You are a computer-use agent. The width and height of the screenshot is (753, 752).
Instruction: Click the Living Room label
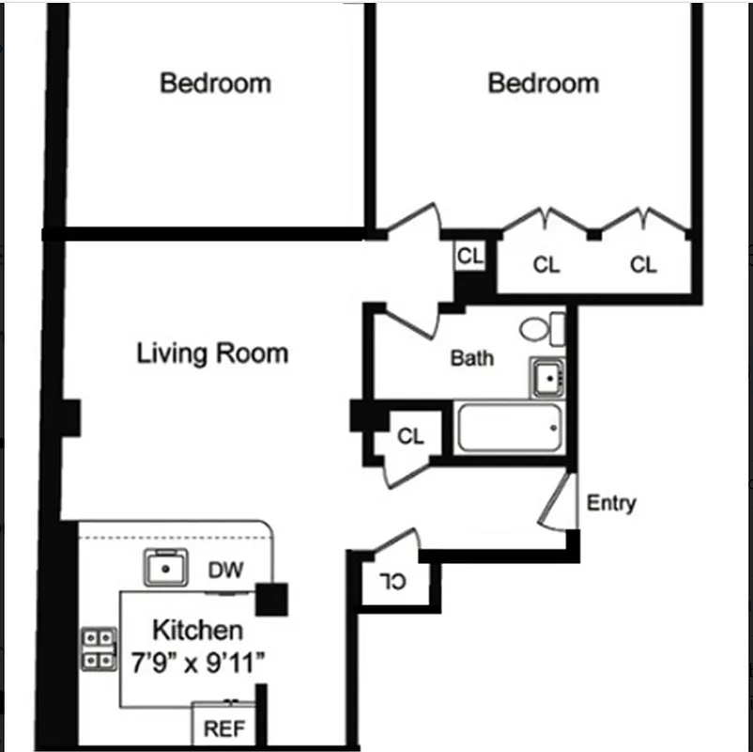point(212,354)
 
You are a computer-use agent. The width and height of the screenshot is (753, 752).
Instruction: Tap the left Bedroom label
point(215,83)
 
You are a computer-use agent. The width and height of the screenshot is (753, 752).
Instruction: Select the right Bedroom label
point(543,83)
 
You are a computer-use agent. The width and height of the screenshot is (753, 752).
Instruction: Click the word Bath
point(472,358)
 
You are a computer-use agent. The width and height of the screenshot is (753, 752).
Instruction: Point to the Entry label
point(610,503)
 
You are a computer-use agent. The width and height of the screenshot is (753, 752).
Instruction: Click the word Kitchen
point(197,630)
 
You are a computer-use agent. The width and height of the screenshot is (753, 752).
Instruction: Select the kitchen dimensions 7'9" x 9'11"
point(197,661)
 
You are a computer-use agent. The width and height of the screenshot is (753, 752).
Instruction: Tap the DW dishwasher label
point(226,570)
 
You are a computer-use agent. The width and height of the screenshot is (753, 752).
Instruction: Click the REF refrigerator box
point(223,728)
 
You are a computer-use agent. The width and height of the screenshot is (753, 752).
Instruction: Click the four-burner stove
point(99,649)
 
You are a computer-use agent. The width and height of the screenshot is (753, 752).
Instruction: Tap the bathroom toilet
point(542,329)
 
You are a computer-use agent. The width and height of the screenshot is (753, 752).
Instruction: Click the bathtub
point(509,429)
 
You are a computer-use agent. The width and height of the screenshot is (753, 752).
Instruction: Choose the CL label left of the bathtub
point(410,436)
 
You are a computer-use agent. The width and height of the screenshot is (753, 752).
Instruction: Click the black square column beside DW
point(271,600)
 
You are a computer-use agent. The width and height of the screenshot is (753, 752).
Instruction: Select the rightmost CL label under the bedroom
point(643,266)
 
